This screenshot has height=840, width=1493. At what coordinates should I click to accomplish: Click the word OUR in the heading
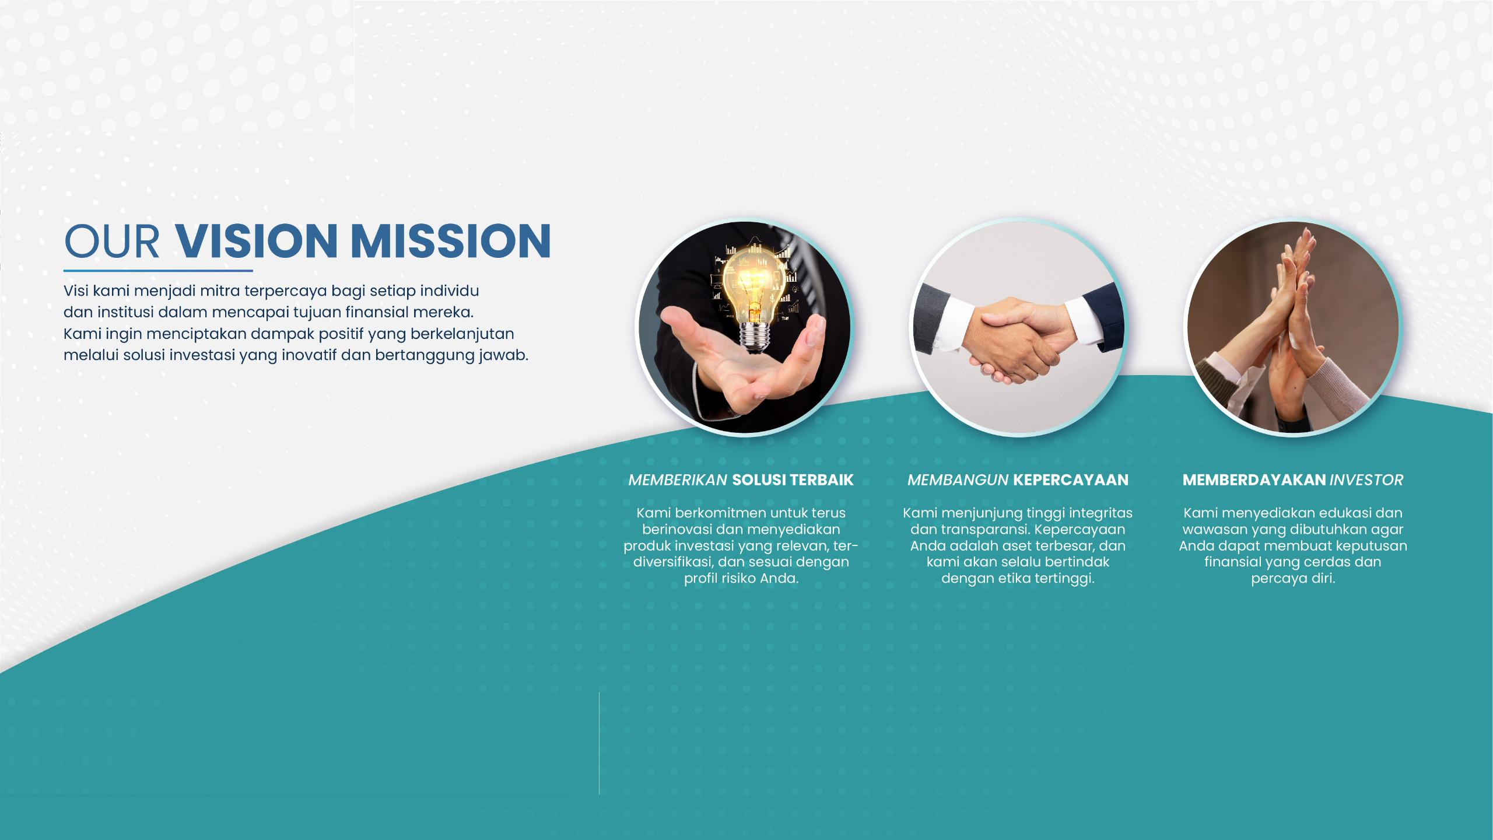pyautogui.click(x=112, y=240)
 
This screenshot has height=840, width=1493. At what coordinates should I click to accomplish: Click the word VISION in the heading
pyautogui.click(x=257, y=240)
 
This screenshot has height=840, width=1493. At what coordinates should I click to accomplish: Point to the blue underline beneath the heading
pyautogui.click(x=158, y=271)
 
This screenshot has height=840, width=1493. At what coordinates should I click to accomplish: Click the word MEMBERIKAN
pyautogui.click(x=678, y=480)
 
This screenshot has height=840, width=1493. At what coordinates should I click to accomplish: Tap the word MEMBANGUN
pyautogui.click(x=958, y=480)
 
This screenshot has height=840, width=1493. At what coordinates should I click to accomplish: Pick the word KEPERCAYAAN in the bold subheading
pyautogui.click(x=1071, y=480)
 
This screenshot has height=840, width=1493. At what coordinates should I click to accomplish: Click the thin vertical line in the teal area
pyautogui.click(x=599, y=743)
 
